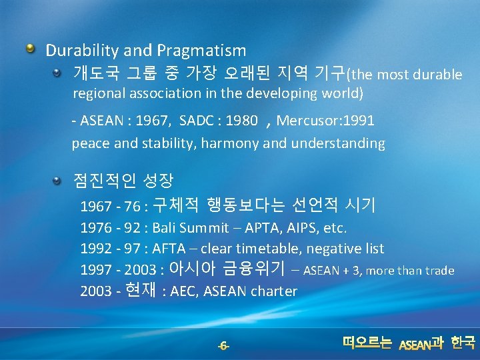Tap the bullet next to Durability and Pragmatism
tap(30, 49)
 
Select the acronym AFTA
tap(169, 249)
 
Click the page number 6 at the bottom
tap(224, 345)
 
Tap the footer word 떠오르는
tap(367, 343)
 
